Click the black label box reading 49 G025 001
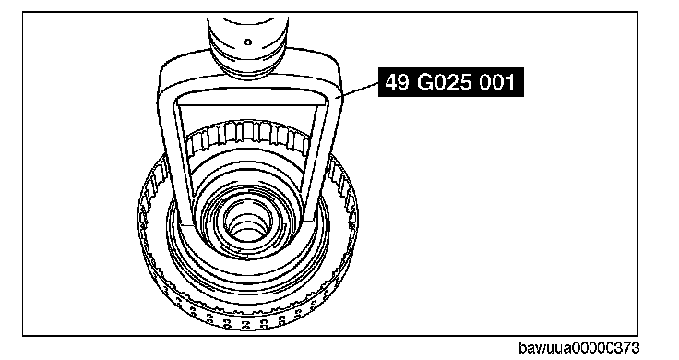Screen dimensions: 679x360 [x=451, y=82]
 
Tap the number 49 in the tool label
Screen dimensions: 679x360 [x=397, y=82]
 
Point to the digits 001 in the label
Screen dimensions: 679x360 [x=497, y=82]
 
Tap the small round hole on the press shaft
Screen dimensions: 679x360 [x=248, y=42]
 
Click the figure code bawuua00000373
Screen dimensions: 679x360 [x=578, y=348]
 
